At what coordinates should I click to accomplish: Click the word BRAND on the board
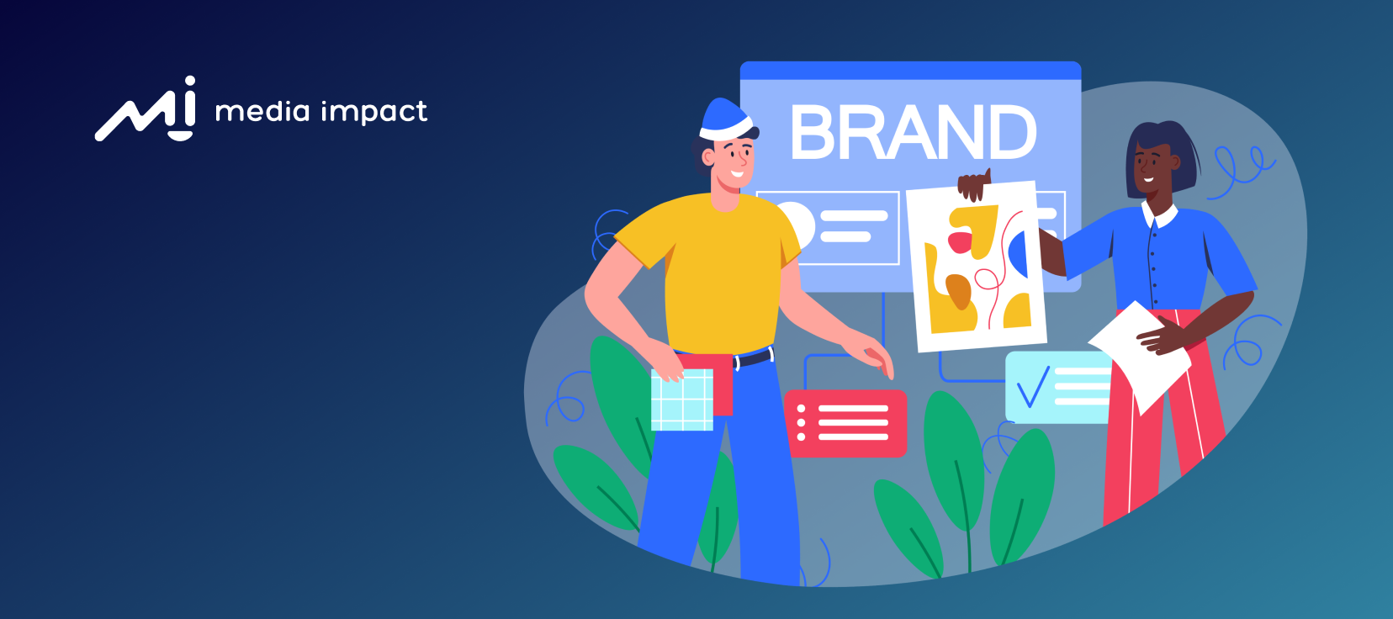[913, 133]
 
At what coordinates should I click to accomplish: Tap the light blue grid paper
[681, 400]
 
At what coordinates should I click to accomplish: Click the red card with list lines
[845, 423]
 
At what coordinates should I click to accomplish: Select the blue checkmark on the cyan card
[1033, 387]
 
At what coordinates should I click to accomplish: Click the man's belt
[753, 359]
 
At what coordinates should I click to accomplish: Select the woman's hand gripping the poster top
[973, 184]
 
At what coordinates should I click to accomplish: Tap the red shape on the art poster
[960, 242]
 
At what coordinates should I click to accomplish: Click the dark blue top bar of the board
[910, 71]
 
